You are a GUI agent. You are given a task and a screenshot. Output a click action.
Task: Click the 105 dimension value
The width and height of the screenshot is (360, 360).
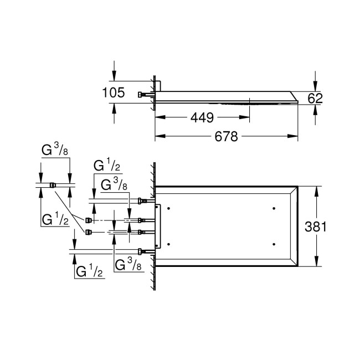115,94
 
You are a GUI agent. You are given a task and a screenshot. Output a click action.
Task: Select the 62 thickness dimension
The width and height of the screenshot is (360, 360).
315,98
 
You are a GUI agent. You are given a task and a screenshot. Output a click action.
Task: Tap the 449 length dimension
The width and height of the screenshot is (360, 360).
202,117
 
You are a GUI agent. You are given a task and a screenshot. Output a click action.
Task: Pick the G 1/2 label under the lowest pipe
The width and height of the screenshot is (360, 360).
89,271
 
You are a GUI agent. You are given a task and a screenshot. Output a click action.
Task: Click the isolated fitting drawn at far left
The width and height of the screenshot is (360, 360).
53,185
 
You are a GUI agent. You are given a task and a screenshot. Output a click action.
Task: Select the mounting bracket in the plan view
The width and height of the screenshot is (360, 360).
158,226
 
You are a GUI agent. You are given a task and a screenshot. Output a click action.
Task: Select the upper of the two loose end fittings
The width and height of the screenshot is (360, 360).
88,220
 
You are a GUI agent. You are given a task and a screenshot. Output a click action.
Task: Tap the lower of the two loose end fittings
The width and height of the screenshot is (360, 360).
88,231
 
